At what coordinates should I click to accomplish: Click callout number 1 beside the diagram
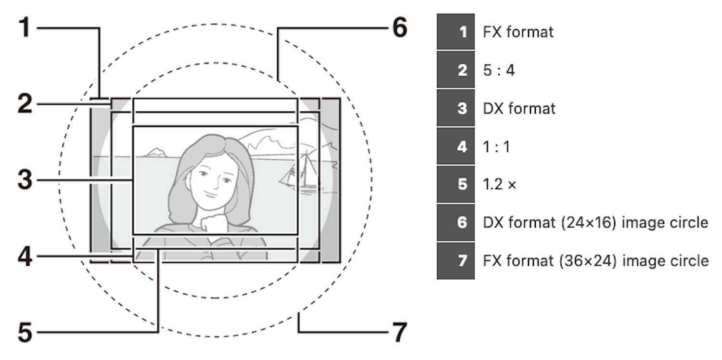click(26, 28)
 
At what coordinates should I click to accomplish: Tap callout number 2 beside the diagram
click(26, 104)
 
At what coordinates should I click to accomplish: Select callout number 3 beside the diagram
click(26, 181)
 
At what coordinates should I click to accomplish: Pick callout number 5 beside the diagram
click(26, 333)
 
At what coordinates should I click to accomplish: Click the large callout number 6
click(399, 28)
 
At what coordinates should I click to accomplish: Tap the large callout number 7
click(399, 333)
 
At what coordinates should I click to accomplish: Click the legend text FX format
click(518, 32)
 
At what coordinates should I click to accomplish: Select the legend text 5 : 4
click(499, 70)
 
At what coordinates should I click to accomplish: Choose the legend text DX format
click(519, 108)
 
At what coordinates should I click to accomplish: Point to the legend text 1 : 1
click(496, 146)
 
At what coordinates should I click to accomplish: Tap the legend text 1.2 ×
click(499, 184)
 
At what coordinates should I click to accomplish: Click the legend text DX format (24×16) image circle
click(595, 222)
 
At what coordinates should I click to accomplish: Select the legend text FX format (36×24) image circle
click(595, 261)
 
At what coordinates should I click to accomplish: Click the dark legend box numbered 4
click(455, 146)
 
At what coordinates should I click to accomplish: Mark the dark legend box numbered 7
click(455, 261)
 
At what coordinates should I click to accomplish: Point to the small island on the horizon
click(156, 153)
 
